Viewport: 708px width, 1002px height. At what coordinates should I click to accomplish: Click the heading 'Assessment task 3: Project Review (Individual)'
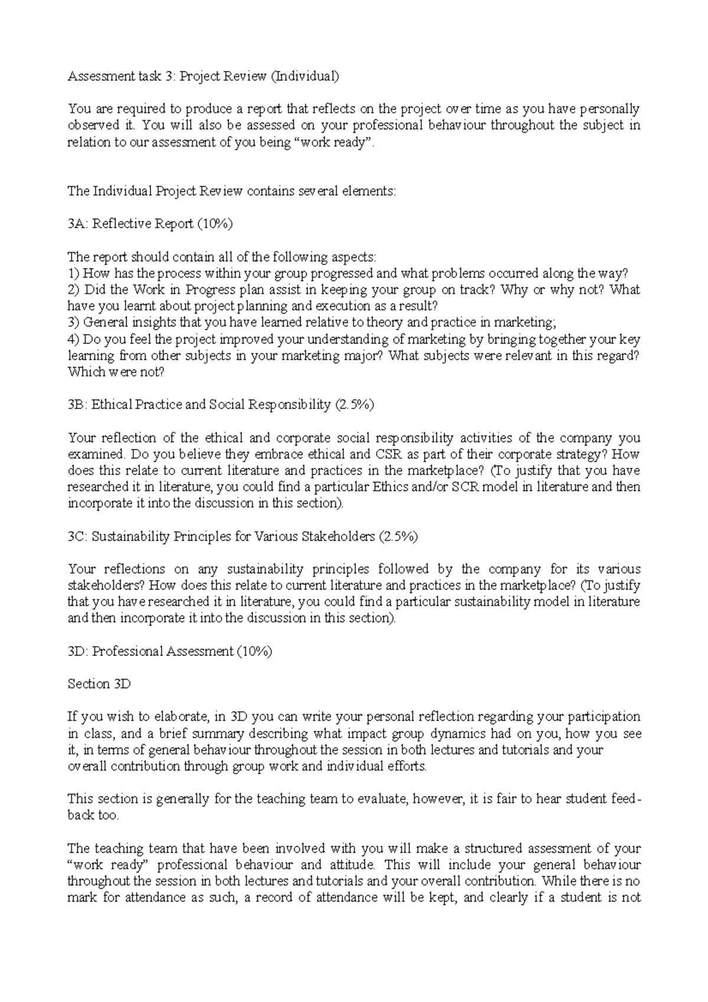point(204,76)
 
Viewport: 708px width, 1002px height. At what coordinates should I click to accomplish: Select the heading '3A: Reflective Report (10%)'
point(150,224)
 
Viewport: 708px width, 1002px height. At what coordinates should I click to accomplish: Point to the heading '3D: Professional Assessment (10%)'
point(170,651)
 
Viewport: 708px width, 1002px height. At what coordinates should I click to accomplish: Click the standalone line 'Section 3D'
point(99,685)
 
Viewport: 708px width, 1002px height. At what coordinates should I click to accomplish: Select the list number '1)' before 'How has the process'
point(73,273)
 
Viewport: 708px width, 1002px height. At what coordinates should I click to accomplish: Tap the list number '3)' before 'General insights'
point(73,323)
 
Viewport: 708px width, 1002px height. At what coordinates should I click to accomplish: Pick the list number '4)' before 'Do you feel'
point(73,340)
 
